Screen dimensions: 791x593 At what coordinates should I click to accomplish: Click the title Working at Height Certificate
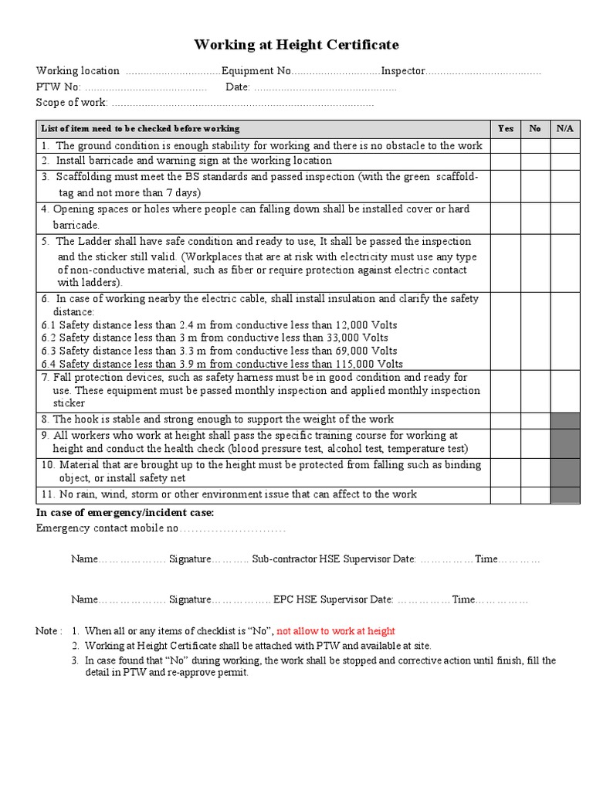click(x=296, y=45)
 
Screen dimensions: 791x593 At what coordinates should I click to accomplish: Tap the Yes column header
click(x=506, y=128)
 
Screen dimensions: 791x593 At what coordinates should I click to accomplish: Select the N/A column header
click(x=564, y=128)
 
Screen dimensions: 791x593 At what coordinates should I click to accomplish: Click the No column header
click(x=535, y=128)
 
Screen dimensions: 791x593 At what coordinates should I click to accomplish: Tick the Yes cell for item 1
click(x=506, y=145)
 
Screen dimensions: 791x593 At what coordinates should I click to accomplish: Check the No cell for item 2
click(x=535, y=161)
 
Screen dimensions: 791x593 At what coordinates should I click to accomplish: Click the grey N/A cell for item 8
click(x=564, y=419)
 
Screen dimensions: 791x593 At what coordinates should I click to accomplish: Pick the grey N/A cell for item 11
click(x=564, y=494)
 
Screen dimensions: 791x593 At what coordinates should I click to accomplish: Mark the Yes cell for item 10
click(x=506, y=471)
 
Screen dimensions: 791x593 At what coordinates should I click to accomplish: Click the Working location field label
click(x=78, y=71)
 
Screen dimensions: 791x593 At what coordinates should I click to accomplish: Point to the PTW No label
click(x=59, y=87)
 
